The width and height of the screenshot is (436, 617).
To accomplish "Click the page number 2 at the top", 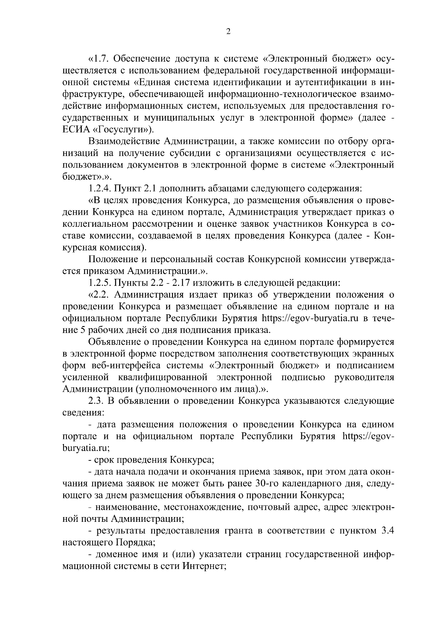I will pos(228,32).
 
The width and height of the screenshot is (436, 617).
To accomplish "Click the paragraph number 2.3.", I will pos(97,402).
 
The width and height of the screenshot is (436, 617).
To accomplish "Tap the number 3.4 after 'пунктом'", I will pos(386,531).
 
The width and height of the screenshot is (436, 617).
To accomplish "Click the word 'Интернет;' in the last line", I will pos(205,566).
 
